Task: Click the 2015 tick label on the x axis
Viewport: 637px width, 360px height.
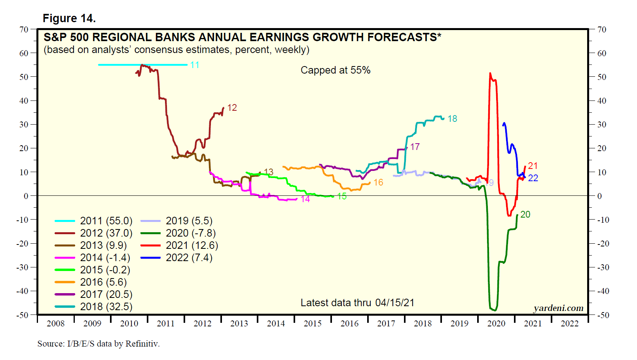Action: tap(313, 324)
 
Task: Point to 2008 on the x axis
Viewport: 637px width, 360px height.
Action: tap(55, 324)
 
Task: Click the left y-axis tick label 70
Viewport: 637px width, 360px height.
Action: tap(24, 30)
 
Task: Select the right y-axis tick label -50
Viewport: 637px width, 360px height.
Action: tap(603, 315)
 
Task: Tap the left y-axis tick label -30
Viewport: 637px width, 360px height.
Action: tap(22, 267)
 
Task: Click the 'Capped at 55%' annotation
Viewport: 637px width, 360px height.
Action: tap(336, 70)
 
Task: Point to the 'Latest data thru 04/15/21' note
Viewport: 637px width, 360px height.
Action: tap(357, 303)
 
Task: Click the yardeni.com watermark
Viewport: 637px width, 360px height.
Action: tap(558, 308)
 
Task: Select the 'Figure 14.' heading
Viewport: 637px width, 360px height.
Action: tap(69, 18)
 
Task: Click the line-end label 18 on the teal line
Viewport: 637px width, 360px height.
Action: tap(452, 119)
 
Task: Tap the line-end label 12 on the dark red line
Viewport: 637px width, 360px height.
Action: tap(232, 108)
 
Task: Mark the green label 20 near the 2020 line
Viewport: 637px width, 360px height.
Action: tap(525, 214)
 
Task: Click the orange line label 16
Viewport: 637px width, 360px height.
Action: tap(378, 182)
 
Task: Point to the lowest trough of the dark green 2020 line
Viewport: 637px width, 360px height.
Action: tap(494, 310)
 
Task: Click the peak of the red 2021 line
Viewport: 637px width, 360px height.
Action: tap(490, 74)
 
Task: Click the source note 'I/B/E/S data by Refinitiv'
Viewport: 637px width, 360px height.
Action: tap(99, 344)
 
